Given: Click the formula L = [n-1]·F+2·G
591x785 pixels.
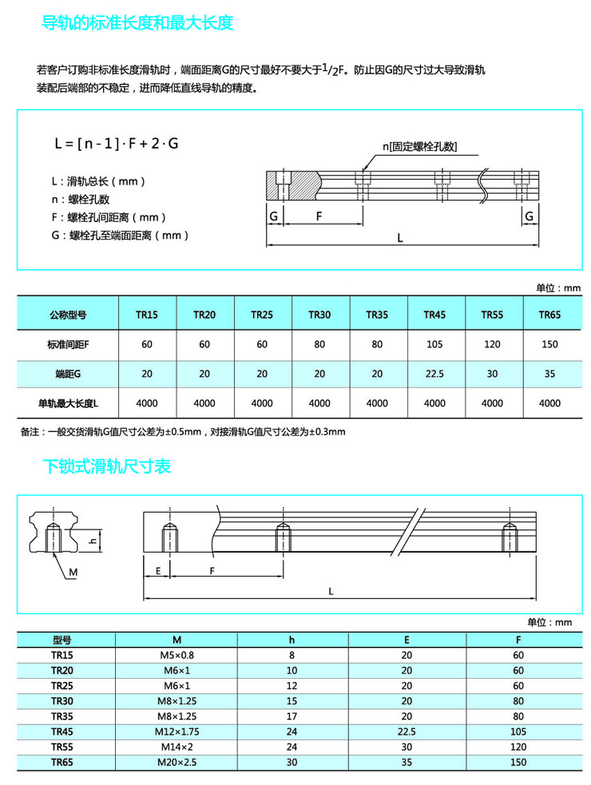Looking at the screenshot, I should [117, 144].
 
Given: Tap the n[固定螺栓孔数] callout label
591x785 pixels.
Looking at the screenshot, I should [419, 146].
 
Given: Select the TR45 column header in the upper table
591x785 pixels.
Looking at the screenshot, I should [434, 315].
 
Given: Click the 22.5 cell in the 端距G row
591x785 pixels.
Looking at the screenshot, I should [434, 373].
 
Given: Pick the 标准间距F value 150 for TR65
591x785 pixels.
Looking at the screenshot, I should [549, 344].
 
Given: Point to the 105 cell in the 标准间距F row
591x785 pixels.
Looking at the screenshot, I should [434, 344].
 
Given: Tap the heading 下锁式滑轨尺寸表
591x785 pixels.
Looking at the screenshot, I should [106, 466].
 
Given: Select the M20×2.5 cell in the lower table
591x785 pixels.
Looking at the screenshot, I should [177, 762].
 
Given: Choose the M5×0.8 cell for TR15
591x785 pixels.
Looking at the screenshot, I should [177, 655].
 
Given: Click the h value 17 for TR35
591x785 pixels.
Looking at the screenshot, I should [292, 716].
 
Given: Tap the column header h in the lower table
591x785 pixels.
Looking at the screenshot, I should [292, 640].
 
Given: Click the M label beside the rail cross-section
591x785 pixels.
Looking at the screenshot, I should [73, 573].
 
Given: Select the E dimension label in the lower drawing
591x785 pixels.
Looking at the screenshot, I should [159, 571].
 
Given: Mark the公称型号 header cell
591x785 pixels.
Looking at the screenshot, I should [68, 315].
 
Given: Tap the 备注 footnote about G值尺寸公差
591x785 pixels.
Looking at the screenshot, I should [183, 431].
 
